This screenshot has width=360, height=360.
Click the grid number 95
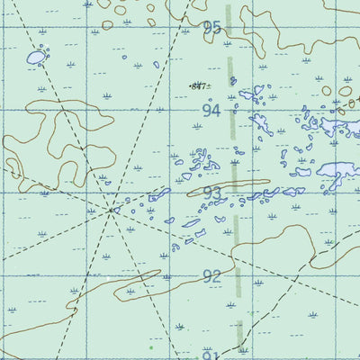click(211, 28)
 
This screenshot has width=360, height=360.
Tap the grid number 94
click(211, 111)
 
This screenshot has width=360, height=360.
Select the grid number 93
click(211, 194)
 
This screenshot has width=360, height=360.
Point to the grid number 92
click(211, 276)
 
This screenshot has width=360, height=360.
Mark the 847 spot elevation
click(197, 86)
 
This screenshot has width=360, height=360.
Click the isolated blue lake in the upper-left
click(35, 58)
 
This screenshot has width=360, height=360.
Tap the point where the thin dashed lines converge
click(112, 211)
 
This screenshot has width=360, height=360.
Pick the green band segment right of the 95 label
click(229, 20)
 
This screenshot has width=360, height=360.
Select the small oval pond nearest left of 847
click(156, 65)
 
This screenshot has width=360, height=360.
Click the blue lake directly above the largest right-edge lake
click(338, 126)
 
